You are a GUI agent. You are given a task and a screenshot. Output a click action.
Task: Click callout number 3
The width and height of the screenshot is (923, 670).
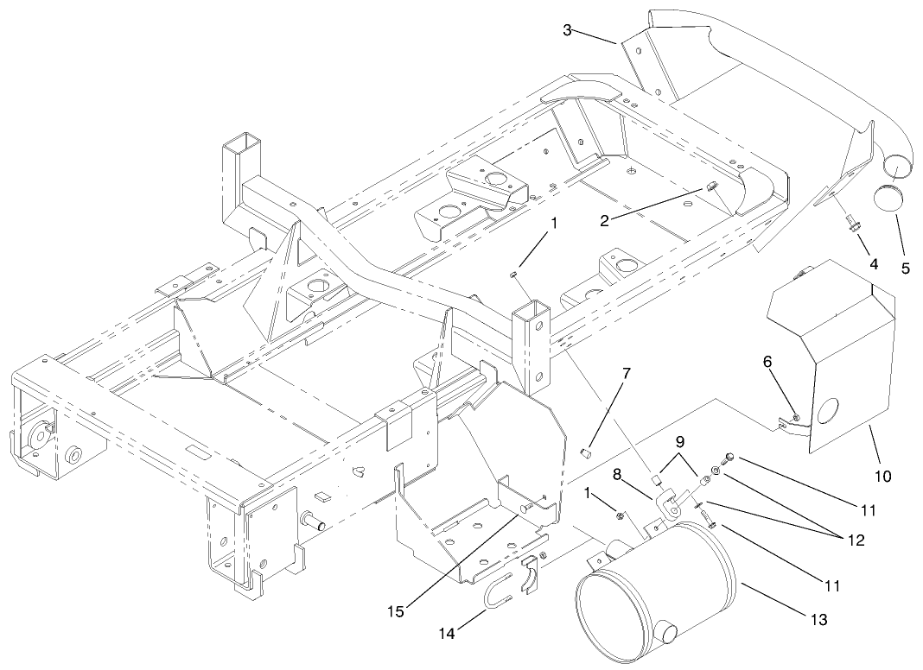pos(567,30)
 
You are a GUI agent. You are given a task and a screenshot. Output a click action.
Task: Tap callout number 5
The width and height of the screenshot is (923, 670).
pos(905,269)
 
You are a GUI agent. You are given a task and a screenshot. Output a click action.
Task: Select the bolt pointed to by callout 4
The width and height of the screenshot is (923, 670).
pos(850,225)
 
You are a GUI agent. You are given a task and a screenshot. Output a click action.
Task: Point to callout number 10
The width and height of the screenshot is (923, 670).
pos(882,475)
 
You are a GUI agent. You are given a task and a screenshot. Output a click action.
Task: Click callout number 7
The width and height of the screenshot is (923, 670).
pos(627,374)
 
